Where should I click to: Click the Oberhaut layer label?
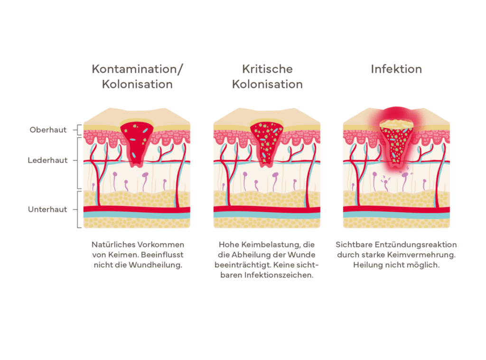[48, 130]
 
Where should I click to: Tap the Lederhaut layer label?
[47, 160]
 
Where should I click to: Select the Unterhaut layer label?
[47, 209]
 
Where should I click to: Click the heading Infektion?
[396, 69]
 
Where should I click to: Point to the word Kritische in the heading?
[267, 69]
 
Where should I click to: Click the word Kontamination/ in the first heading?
[137, 69]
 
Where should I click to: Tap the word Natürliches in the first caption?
[113, 245]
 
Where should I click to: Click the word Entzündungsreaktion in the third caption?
[416, 245]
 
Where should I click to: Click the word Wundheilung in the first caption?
[155, 265]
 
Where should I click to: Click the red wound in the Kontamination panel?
[137, 142]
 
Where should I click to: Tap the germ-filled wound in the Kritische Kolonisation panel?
[267, 142]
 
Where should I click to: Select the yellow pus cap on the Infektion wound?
[396, 124]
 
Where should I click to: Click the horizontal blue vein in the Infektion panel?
[396, 215]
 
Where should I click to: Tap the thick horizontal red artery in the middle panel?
[267, 209]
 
